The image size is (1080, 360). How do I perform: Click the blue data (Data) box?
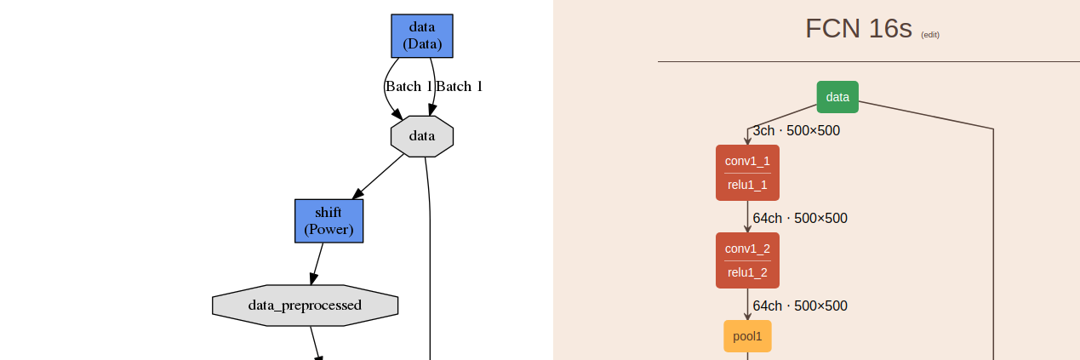pyautogui.click(x=422, y=36)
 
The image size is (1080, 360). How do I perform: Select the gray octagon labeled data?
pyautogui.click(x=422, y=136)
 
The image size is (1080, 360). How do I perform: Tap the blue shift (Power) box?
pyautogui.click(x=329, y=221)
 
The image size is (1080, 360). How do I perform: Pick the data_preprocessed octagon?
pyautogui.click(x=305, y=305)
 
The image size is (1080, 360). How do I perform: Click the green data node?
pyautogui.click(x=837, y=97)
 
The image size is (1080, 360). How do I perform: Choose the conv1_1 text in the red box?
pyautogui.click(x=747, y=161)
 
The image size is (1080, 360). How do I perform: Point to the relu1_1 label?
pyautogui.click(x=747, y=186)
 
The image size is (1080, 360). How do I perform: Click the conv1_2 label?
pyautogui.click(x=747, y=249)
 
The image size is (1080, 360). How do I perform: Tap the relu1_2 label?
pyautogui.click(x=747, y=273)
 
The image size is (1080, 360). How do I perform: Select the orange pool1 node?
pyautogui.click(x=747, y=336)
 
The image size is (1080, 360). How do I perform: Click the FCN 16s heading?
pyautogui.click(x=858, y=29)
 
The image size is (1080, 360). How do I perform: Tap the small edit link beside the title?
pyautogui.click(x=930, y=35)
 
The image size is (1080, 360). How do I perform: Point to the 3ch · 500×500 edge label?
pyautogui.click(x=797, y=131)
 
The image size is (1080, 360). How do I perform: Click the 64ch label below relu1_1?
pyautogui.click(x=800, y=219)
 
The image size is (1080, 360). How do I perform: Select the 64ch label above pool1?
pyautogui.click(x=800, y=306)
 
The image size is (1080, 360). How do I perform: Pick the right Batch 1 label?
pyautogui.click(x=460, y=86)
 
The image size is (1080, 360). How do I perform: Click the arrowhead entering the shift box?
pyautogui.click(x=357, y=194)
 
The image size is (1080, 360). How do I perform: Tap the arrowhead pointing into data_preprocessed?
pyautogui.click(x=313, y=278)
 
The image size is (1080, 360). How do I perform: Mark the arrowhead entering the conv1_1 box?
pyautogui.click(x=747, y=140)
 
